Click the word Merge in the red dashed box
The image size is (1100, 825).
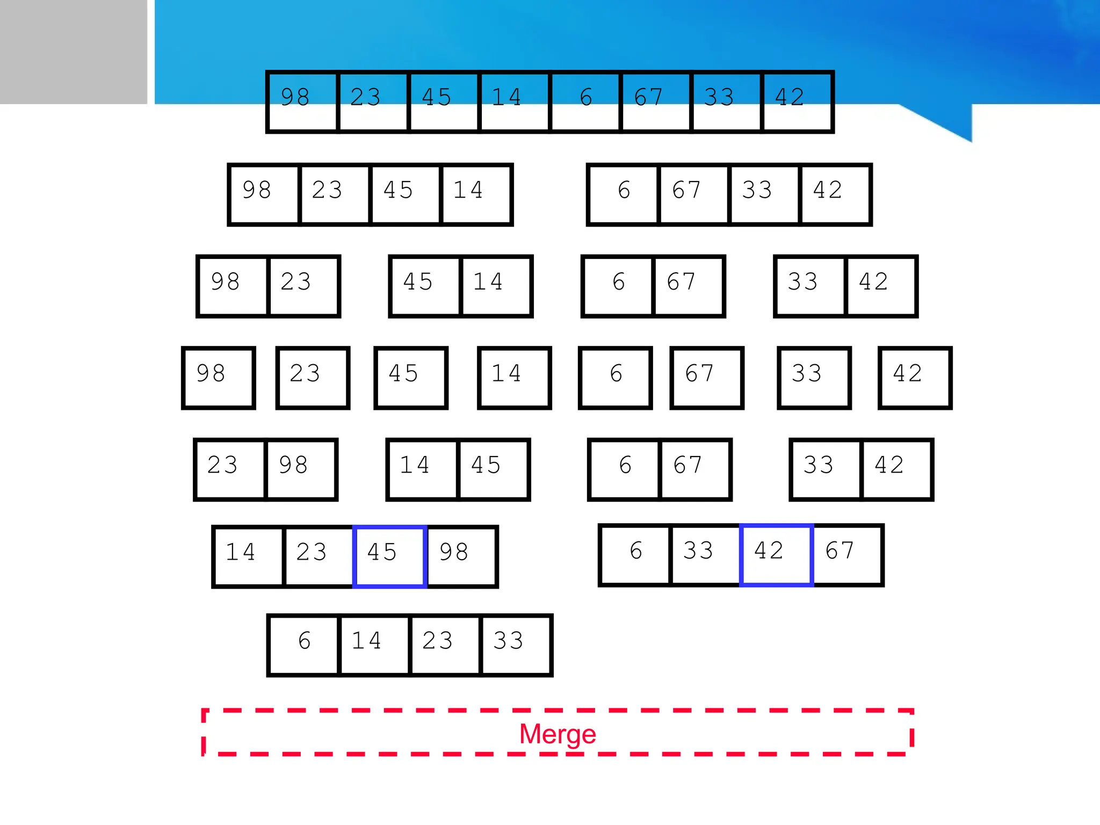click(558, 734)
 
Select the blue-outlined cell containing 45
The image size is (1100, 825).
click(389, 556)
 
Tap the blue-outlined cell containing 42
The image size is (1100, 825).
click(776, 555)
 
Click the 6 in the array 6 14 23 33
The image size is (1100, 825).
click(304, 645)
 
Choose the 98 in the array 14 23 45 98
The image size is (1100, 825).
click(461, 556)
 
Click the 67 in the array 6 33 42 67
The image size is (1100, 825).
click(847, 555)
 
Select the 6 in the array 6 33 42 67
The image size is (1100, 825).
click(635, 555)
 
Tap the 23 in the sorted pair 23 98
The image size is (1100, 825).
click(230, 469)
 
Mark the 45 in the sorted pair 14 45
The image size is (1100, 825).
click(493, 469)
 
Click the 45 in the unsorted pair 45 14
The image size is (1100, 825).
click(425, 286)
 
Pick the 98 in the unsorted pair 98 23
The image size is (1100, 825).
click(233, 286)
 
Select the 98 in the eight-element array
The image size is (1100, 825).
click(302, 102)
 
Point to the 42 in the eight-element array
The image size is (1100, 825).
click(797, 102)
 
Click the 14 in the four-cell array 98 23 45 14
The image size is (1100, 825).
click(475, 194)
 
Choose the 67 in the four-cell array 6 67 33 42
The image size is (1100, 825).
click(693, 194)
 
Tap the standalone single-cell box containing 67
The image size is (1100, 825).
click(706, 378)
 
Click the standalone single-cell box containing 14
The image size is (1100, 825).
click(514, 378)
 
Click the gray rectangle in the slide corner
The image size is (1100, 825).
click(73, 52)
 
